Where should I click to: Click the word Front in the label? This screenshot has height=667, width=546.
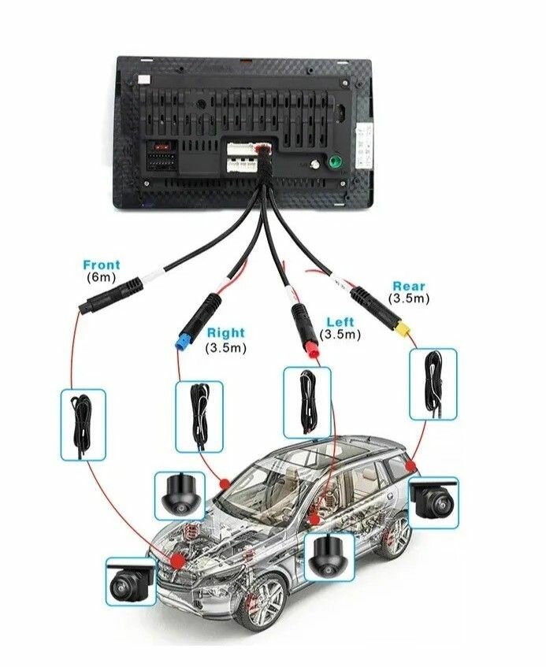point(102,265)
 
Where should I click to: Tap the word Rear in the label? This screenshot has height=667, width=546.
point(409,287)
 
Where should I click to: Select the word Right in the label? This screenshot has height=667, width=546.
point(226,332)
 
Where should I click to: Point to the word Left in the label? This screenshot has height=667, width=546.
point(340,322)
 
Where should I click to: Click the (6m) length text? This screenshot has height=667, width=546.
point(102,277)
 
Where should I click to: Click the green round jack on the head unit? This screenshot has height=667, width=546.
point(335,162)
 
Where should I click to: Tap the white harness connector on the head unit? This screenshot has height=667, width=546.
point(242,157)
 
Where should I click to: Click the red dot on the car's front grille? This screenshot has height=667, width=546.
point(176,560)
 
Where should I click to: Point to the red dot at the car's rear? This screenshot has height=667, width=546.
point(410,465)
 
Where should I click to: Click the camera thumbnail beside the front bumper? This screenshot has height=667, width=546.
point(131,581)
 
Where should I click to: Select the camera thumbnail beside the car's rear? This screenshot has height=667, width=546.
point(434,502)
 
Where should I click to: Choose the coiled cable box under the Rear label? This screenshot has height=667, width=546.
point(433,384)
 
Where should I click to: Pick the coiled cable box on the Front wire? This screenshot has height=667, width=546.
point(83,424)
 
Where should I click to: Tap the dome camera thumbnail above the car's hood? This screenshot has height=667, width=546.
point(180,495)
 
